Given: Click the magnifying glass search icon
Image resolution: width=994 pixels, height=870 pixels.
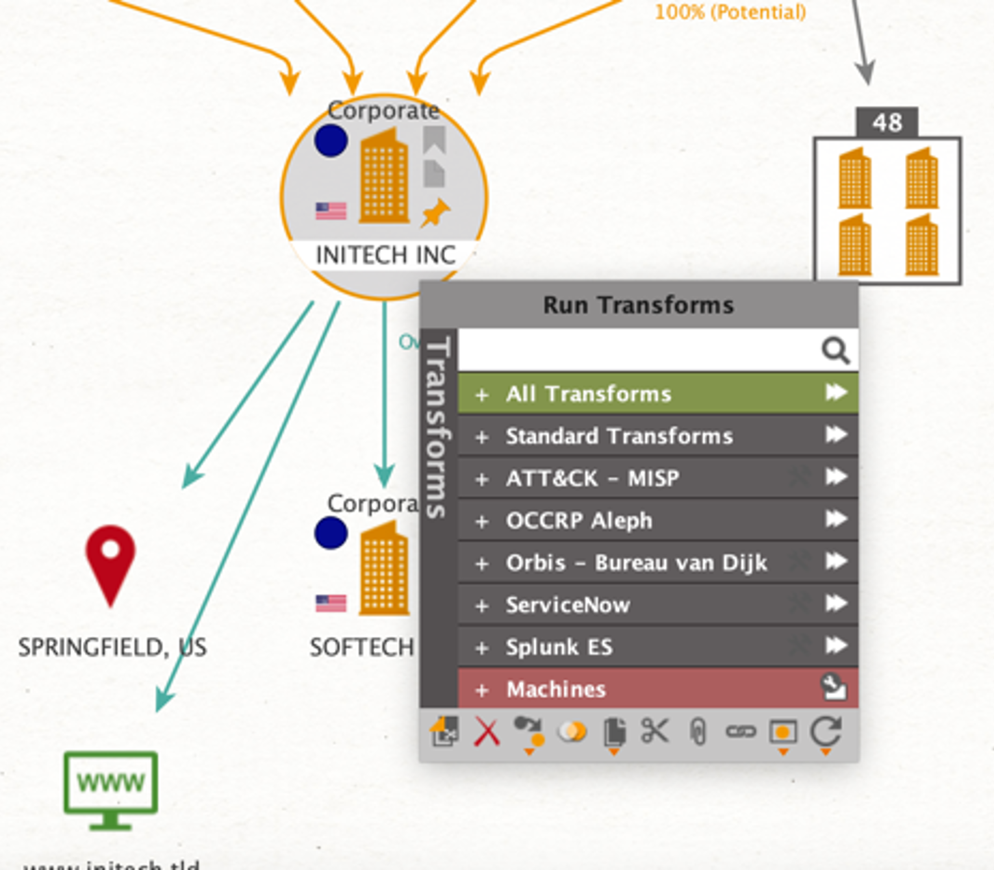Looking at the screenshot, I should pos(835,351).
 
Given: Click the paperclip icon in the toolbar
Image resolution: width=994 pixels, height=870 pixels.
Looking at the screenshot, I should pos(698,733).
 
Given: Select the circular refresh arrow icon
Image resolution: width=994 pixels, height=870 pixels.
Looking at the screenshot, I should pos(826,732).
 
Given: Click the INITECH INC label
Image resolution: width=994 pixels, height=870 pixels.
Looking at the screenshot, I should pos(385,255).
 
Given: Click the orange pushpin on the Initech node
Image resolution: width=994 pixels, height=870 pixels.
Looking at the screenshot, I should pos(435,212).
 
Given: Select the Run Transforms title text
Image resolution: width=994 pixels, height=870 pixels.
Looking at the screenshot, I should pos(638,305).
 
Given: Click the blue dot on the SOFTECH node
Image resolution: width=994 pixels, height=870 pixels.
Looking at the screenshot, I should pos(331,533).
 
